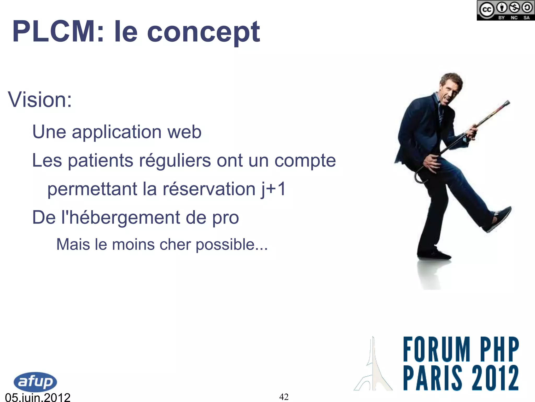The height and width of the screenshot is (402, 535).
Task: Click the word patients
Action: [100, 160]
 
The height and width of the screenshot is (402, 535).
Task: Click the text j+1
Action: [274, 189]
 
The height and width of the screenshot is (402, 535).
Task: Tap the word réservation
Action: [209, 189]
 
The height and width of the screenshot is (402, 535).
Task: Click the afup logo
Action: [35, 382]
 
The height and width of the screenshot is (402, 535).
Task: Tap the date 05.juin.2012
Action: [38, 397]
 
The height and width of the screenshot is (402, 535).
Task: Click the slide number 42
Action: [284, 397]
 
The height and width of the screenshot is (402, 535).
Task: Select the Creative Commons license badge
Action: [505, 10]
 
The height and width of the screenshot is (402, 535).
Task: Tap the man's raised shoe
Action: [500, 218]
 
